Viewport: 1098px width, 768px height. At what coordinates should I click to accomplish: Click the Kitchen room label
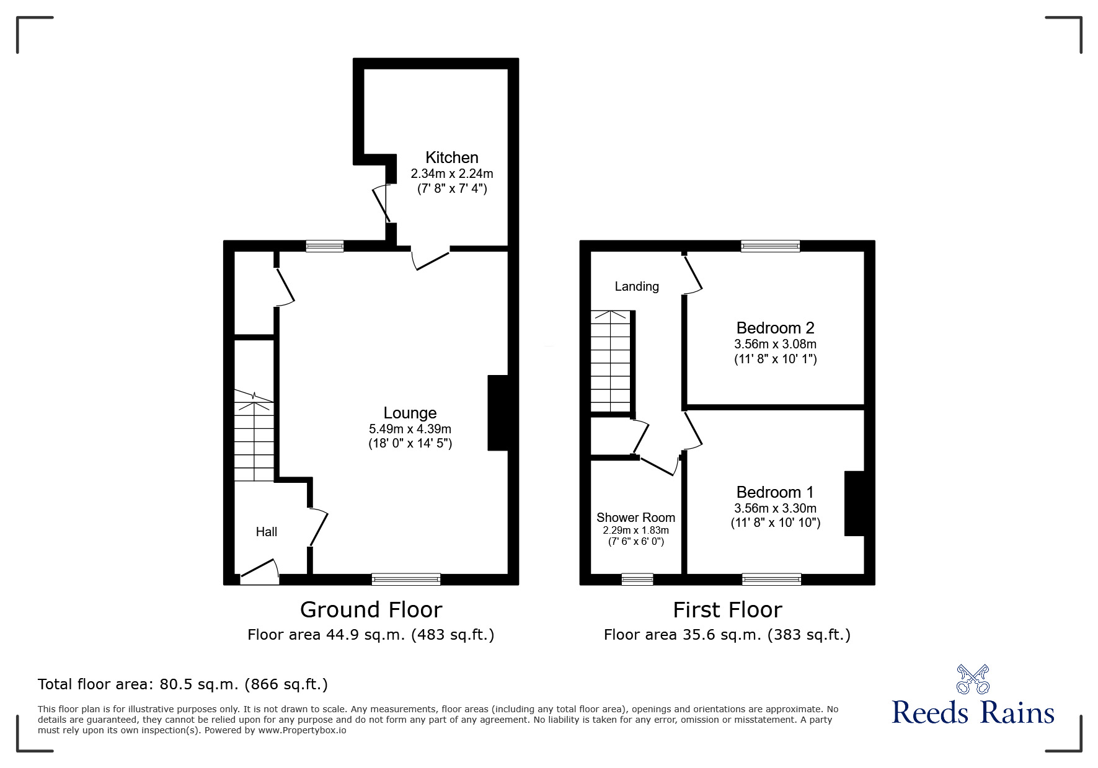pyautogui.click(x=451, y=157)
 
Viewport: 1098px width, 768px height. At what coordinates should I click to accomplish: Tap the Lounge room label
pyautogui.click(x=410, y=413)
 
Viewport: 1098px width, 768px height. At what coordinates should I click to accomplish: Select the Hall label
pyautogui.click(x=267, y=532)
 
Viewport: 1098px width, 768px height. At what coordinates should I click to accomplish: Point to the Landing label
pyautogui.click(x=637, y=286)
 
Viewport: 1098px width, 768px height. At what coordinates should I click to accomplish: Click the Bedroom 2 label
pyautogui.click(x=775, y=328)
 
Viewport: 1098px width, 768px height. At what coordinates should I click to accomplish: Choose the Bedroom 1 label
pyautogui.click(x=775, y=492)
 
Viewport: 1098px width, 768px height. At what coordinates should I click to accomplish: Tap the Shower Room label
pyautogui.click(x=635, y=518)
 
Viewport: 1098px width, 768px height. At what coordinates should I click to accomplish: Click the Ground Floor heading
pyautogui.click(x=371, y=610)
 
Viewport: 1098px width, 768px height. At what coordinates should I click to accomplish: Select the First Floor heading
pyautogui.click(x=727, y=610)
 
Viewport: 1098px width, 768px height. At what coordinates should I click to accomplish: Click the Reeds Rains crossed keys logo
pyautogui.click(x=973, y=679)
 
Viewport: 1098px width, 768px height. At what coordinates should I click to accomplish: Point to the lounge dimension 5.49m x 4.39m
pyautogui.click(x=410, y=429)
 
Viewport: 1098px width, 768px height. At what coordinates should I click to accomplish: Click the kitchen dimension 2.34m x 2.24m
pyautogui.click(x=452, y=174)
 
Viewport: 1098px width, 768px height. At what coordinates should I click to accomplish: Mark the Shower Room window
pyautogui.click(x=637, y=579)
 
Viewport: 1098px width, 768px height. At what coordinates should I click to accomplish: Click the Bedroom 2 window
pyautogui.click(x=770, y=246)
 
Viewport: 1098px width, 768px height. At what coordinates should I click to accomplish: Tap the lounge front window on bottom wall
pyautogui.click(x=406, y=579)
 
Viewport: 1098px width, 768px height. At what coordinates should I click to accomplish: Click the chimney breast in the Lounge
pyautogui.click(x=498, y=413)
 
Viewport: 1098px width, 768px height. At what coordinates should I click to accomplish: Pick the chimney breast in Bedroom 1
pyautogui.click(x=854, y=503)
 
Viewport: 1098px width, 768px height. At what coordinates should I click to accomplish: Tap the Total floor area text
pyautogui.click(x=183, y=684)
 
